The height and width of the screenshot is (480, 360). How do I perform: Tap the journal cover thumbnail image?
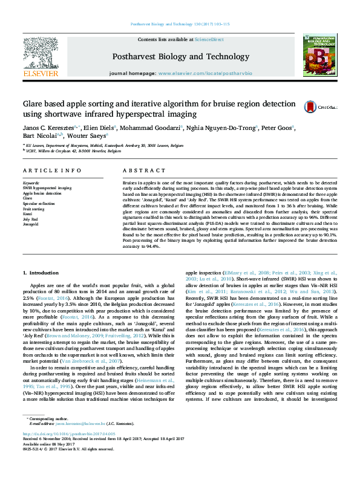pyautogui.click(x=321, y=57)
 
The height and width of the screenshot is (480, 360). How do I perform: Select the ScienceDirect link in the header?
pyautogui.click(x=209, y=39)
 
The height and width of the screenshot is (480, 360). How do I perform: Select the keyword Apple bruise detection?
pyautogui.click(x=42, y=193)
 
